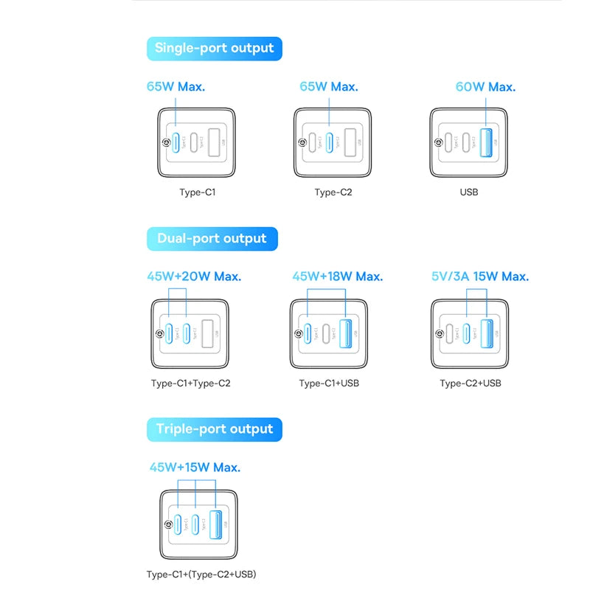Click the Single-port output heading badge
pyautogui.click(x=214, y=49)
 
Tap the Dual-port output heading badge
pyautogui.click(x=212, y=239)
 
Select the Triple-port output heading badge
pyautogui.click(x=214, y=429)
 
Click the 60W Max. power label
pyautogui.click(x=485, y=87)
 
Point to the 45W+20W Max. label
pyautogui.click(x=194, y=277)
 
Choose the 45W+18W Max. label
pyautogui.click(x=338, y=277)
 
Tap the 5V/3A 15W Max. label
pyautogui.click(x=479, y=277)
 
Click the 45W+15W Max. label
pyautogui.click(x=195, y=467)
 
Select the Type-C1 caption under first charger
pyautogui.click(x=198, y=192)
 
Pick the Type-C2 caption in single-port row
pyautogui.click(x=333, y=192)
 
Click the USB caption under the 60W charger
pyautogui.click(x=469, y=192)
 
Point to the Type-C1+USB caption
pyautogui.click(x=330, y=383)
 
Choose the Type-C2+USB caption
pyautogui.click(x=471, y=383)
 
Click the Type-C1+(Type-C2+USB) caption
pyautogui.click(x=201, y=574)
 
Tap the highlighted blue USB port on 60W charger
pyautogui.click(x=486, y=141)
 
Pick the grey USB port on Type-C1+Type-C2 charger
pyautogui.click(x=207, y=330)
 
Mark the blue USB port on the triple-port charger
pyautogui.click(x=216, y=524)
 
